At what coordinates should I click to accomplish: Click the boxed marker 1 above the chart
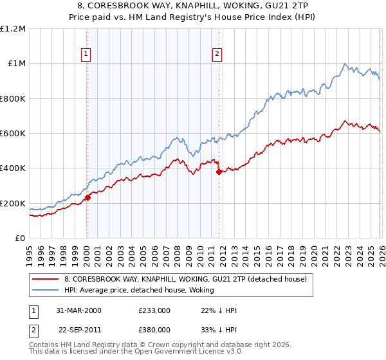[x=87, y=54]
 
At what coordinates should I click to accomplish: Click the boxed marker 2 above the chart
[x=218, y=54]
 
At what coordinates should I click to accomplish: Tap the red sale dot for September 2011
[x=219, y=172]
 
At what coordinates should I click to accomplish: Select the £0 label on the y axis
[x=21, y=239]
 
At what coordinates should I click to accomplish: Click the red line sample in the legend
[x=45, y=279]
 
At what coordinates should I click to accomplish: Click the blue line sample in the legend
[x=45, y=290]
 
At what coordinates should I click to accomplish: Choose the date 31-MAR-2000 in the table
[x=78, y=310]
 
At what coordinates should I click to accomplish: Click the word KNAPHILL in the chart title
[x=172, y=4]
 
